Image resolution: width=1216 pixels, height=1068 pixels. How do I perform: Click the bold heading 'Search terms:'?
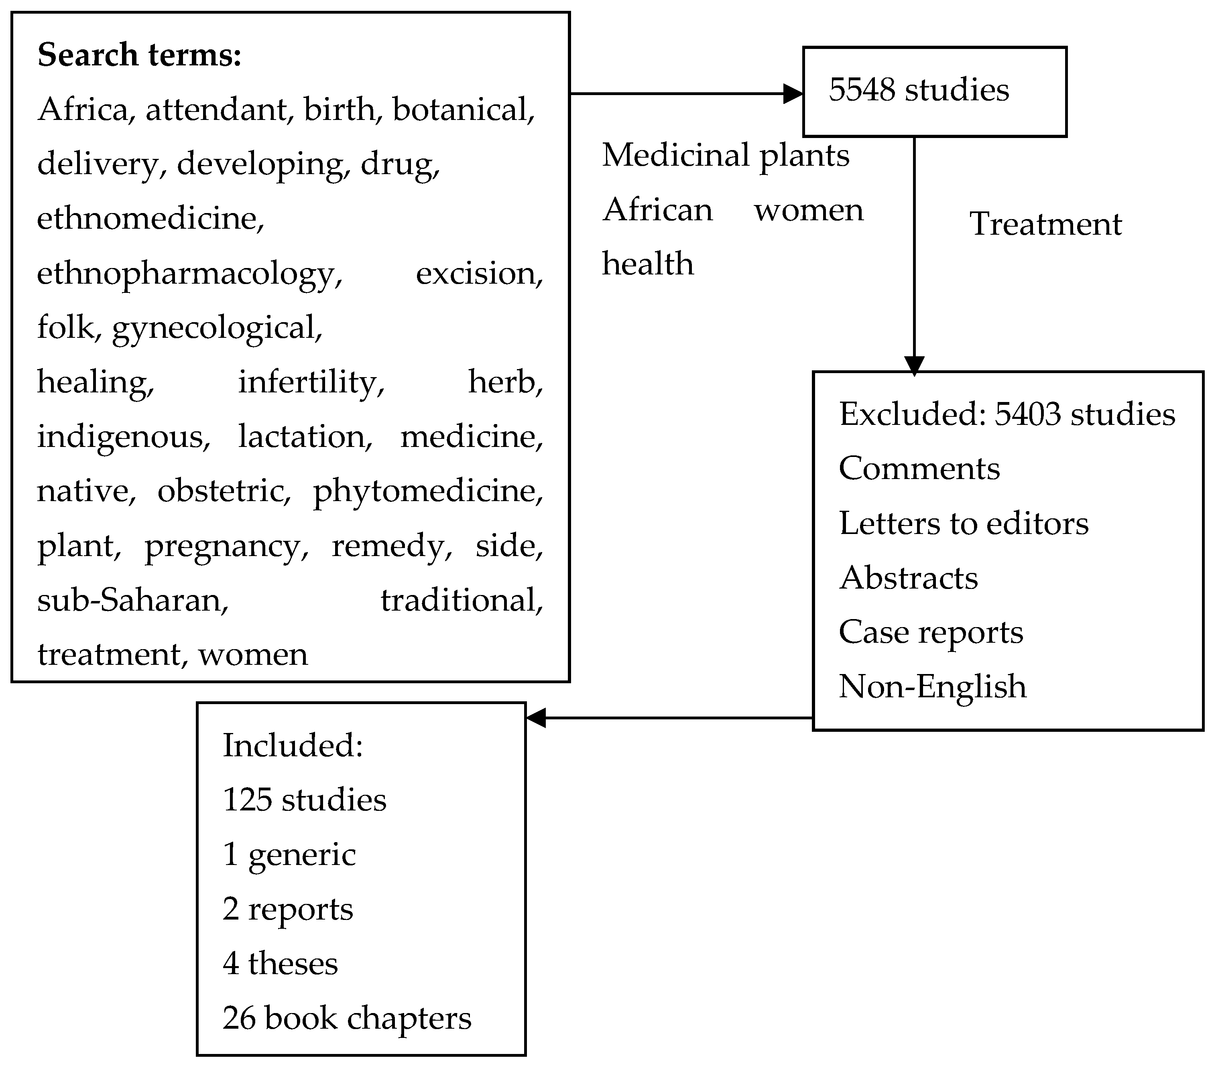click(139, 55)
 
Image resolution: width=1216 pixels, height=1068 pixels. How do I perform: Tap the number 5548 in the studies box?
click(862, 90)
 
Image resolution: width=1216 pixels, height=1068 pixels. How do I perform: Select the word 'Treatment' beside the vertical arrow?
click(1045, 224)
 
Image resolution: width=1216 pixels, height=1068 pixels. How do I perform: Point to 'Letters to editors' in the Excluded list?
click(963, 523)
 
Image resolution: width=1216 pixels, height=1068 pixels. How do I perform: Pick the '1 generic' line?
click(289, 855)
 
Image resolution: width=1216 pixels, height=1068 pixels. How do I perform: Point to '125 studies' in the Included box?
click(304, 800)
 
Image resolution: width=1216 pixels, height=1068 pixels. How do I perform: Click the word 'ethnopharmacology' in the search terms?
click(189, 274)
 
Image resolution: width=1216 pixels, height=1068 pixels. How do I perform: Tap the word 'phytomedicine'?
click(428, 491)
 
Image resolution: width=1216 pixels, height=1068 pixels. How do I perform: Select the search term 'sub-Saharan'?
click(132, 600)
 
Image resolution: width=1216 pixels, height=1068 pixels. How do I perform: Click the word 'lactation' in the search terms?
click(305, 437)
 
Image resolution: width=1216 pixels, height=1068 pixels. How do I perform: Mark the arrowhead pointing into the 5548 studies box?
click(793, 94)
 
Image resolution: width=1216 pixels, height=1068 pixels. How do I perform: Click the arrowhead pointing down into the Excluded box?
click(914, 365)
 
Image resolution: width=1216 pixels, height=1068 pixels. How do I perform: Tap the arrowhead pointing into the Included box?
click(537, 718)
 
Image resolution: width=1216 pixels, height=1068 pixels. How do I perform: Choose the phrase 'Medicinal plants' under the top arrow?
click(725, 155)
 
